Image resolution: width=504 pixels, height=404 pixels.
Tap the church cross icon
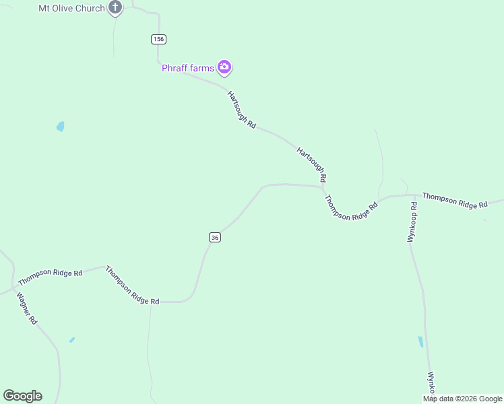pyautogui.click(x=115, y=8)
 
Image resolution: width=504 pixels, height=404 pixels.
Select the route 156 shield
pyautogui.click(x=158, y=39)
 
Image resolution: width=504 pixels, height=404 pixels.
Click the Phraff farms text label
pyautogui.click(x=188, y=67)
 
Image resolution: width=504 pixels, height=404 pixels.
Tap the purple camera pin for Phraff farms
pyautogui.click(x=224, y=67)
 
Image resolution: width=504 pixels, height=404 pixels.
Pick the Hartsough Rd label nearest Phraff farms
pyautogui.click(x=242, y=110)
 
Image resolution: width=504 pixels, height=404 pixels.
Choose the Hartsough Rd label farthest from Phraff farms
pyautogui.click(x=312, y=164)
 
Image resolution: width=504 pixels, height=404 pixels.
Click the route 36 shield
pyautogui.click(x=214, y=237)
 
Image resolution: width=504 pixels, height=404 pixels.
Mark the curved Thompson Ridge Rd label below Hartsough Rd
pyautogui.click(x=351, y=209)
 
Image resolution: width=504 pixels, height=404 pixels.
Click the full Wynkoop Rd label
pyautogui.click(x=413, y=222)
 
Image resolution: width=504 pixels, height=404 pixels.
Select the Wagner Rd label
pyautogui.click(x=26, y=308)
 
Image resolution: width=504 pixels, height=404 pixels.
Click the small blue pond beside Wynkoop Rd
pyautogui.click(x=421, y=341)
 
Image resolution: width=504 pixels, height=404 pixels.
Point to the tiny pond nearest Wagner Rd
pyautogui.click(x=72, y=340)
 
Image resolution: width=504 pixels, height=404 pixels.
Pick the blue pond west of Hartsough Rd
pyautogui.click(x=61, y=127)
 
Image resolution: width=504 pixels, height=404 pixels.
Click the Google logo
pyautogui.click(x=23, y=396)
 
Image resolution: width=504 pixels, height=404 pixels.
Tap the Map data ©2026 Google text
pyautogui.click(x=463, y=399)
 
